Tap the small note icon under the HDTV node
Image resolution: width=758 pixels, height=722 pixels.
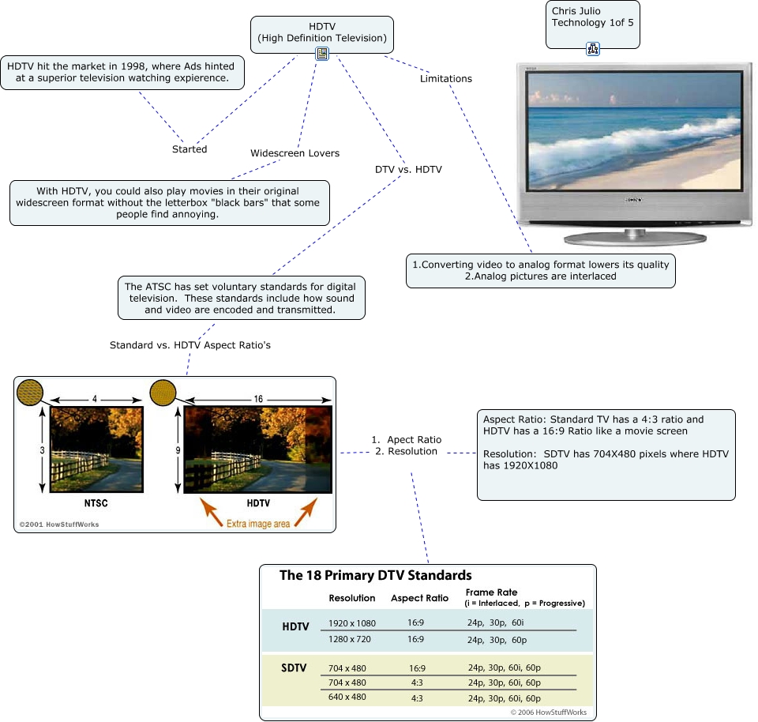click(x=322, y=54)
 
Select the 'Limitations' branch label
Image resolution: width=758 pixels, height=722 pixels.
click(x=446, y=78)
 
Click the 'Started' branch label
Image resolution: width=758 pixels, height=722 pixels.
click(x=189, y=149)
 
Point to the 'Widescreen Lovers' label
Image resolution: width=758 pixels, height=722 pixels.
click(x=295, y=152)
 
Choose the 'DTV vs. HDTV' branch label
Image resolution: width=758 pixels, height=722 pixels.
click(x=408, y=169)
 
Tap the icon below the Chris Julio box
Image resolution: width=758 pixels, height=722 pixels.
click(x=593, y=49)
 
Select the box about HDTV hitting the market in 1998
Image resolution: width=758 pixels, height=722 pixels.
click(x=122, y=72)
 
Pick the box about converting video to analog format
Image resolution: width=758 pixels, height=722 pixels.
click(x=541, y=270)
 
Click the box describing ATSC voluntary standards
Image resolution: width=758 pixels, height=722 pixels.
click(x=241, y=298)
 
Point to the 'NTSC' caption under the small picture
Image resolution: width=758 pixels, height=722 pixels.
click(x=96, y=502)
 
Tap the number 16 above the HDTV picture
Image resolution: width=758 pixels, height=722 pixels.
click(x=258, y=399)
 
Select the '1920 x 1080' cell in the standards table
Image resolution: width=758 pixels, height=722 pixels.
click(x=352, y=623)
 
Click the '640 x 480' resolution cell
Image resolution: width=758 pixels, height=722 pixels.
click(x=347, y=698)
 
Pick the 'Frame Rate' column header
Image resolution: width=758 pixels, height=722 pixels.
click(x=490, y=592)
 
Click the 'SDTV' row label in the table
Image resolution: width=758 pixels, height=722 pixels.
click(x=293, y=667)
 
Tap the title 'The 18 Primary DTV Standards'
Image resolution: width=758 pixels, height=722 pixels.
click(x=375, y=575)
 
